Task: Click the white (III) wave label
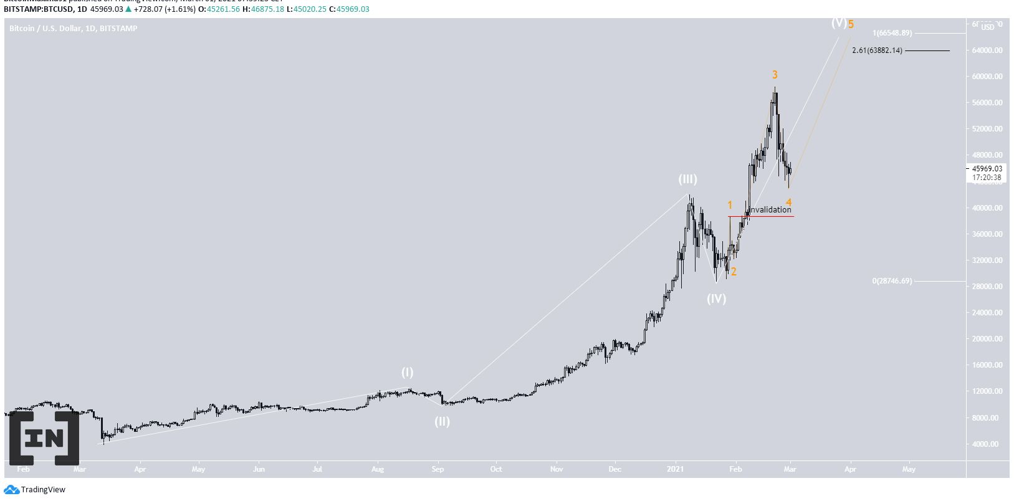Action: pos(687,179)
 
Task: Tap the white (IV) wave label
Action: pos(716,298)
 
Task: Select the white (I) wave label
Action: pos(407,373)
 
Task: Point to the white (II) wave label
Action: pos(442,421)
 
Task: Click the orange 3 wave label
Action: pos(775,75)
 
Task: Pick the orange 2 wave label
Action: pos(734,272)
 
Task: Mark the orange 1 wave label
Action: pos(730,205)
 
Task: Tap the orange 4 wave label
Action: pos(788,203)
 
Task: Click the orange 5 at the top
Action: pos(851,25)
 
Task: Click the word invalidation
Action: pos(770,210)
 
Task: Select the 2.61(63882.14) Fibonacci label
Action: pos(877,50)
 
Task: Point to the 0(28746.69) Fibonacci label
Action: pos(891,281)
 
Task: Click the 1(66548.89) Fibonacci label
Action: pos(892,33)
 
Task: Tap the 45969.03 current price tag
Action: pos(987,168)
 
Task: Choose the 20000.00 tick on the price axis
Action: pos(987,339)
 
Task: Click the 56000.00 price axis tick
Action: pos(987,103)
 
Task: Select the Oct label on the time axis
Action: pos(496,469)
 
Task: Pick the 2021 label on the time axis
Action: pos(676,469)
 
